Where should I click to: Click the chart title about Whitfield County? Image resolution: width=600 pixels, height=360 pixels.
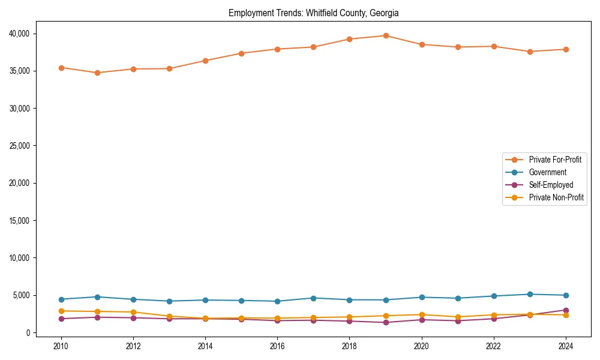pyautogui.click(x=313, y=13)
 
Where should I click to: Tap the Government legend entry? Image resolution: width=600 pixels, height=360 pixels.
pyautogui.click(x=547, y=172)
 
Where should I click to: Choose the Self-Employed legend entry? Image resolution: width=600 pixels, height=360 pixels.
pyautogui.click(x=551, y=185)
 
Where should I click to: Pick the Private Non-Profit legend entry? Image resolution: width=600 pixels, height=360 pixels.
pyautogui.click(x=556, y=197)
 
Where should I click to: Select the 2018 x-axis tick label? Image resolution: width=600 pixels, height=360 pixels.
pyautogui.click(x=349, y=346)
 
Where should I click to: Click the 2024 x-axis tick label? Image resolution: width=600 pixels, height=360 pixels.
pyautogui.click(x=566, y=346)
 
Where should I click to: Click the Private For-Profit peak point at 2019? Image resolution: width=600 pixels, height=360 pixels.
pyautogui.click(x=386, y=35)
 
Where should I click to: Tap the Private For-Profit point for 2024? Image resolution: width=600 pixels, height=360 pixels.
pyautogui.click(x=566, y=49)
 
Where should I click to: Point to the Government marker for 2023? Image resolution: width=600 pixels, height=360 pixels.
pyautogui.click(x=530, y=294)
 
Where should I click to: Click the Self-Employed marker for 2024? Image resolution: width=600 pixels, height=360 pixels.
pyautogui.click(x=566, y=310)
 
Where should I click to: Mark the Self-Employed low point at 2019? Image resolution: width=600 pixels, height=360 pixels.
pyautogui.click(x=386, y=322)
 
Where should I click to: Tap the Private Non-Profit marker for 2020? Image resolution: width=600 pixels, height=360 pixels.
pyautogui.click(x=422, y=314)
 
